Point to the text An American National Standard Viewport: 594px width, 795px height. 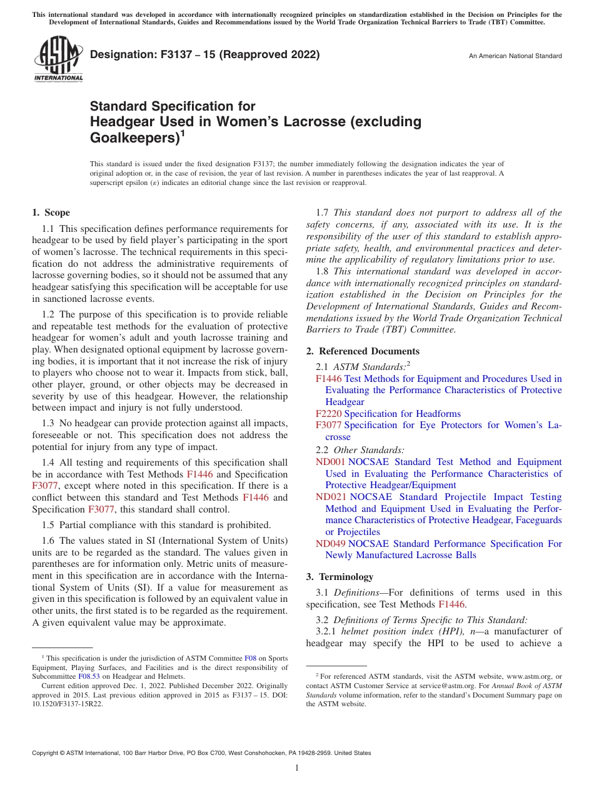(515, 56)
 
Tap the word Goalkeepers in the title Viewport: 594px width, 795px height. (132, 137)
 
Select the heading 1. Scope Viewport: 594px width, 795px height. (51, 212)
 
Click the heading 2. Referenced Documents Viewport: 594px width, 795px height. (363, 351)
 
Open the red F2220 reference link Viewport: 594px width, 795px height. (328, 414)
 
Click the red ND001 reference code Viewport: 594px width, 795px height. (330, 462)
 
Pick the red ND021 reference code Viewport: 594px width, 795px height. (330, 497)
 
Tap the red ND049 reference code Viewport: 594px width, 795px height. (330, 544)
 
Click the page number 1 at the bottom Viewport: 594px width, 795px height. (297, 768)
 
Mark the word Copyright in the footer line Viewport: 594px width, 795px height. (46, 753)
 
